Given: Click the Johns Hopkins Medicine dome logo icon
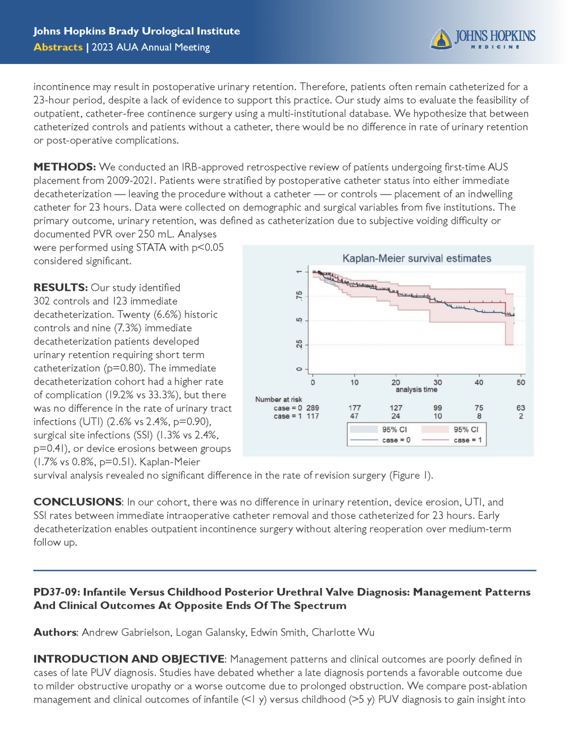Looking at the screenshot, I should point(441,39).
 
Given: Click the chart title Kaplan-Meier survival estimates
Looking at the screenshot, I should point(416,259).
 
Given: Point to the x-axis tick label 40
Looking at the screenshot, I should point(479,383).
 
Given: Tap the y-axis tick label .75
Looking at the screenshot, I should point(299,296).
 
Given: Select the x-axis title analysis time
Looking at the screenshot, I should point(416,390).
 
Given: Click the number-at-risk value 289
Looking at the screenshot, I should point(313,408).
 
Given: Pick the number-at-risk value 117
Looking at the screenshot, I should point(313,416).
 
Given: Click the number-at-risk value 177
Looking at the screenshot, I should point(354,408).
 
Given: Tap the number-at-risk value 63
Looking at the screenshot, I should point(521,408).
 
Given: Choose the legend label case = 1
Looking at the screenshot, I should point(468,440).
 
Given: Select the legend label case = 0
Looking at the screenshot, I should point(396,440).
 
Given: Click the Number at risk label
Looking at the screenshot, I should point(278,400).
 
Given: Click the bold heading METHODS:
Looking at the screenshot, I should point(65,167).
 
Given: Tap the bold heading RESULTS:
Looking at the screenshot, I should point(60,288).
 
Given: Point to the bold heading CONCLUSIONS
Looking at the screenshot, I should point(77,502).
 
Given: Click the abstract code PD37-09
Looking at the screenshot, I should point(56,592).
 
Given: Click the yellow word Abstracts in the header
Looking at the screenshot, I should point(58,48).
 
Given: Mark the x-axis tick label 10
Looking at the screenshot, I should point(354,383).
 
